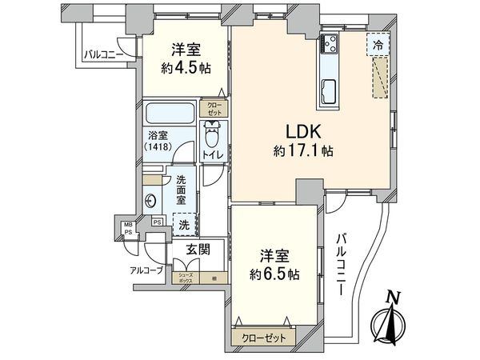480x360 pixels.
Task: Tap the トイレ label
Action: pyautogui.click(x=211, y=153)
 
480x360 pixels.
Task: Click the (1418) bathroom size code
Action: pyautogui.click(x=158, y=148)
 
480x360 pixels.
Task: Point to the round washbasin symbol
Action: pyautogui.click(x=152, y=200)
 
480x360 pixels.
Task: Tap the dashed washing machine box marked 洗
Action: pyautogui.click(x=183, y=224)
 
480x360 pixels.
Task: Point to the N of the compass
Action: pyautogui.click(x=391, y=298)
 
